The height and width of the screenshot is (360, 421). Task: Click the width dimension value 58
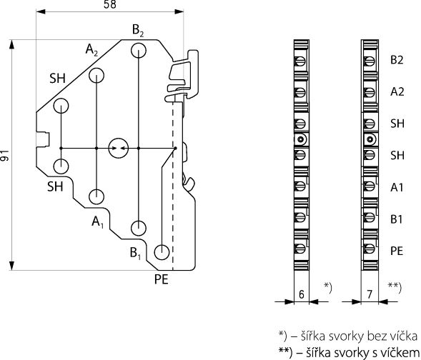pos(110,4)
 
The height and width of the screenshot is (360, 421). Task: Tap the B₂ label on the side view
pos(138,31)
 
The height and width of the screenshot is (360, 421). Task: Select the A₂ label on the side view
pos(91,50)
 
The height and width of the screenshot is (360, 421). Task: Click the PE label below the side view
pos(161,279)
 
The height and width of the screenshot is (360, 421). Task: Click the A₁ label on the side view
pos(97,222)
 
